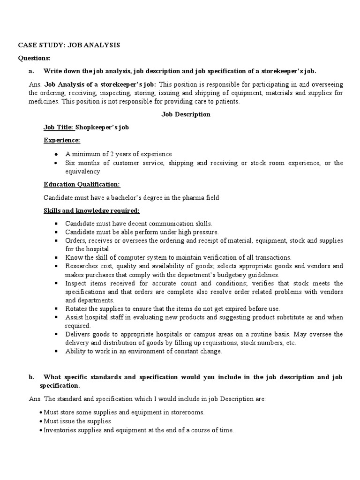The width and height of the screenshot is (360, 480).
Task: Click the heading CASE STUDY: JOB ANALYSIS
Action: coord(69,45)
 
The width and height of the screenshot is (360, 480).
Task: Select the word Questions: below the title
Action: coord(34,58)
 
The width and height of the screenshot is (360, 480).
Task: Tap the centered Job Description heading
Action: coord(186,114)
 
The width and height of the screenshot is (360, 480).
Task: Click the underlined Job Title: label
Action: coord(55,127)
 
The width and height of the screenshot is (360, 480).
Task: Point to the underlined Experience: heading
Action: coord(62,140)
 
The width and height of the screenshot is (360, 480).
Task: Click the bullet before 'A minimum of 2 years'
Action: coord(56,154)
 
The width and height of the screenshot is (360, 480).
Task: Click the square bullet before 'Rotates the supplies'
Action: coord(56,309)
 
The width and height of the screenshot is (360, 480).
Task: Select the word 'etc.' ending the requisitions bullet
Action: coord(290,343)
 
